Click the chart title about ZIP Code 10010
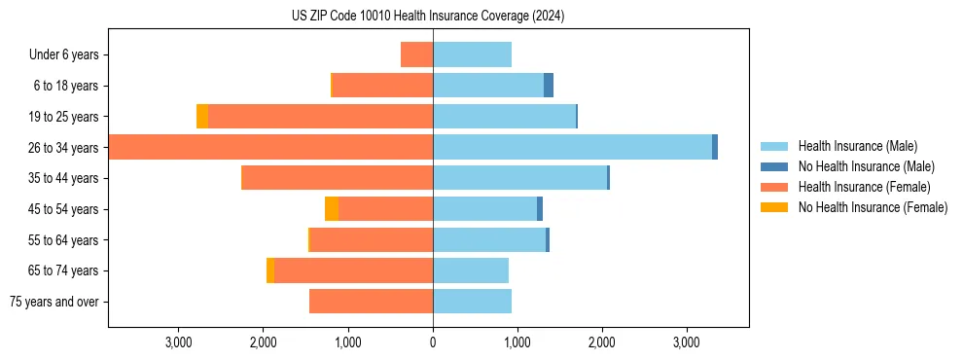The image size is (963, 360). pyautogui.click(x=428, y=17)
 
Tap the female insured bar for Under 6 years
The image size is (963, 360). pyautogui.click(x=416, y=54)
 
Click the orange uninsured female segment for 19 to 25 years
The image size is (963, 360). pyautogui.click(x=202, y=117)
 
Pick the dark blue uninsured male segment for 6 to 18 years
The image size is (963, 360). pyautogui.click(x=549, y=86)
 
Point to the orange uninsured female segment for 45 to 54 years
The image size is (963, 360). pyautogui.click(x=332, y=209)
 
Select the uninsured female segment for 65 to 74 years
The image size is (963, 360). pyautogui.click(x=270, y=270)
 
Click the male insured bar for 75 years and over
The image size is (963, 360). pyautogui.click(x=472, y=302)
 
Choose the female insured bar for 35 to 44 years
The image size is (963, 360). pyautogui.click(x=337, y=178)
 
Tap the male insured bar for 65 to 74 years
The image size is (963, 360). pyautogui.click(x=471, y=270)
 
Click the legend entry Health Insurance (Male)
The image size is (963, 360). pyautogui.click(x=857, y=146)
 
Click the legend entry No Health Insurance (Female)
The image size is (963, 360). pyautogui.click(x=872, y=207)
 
